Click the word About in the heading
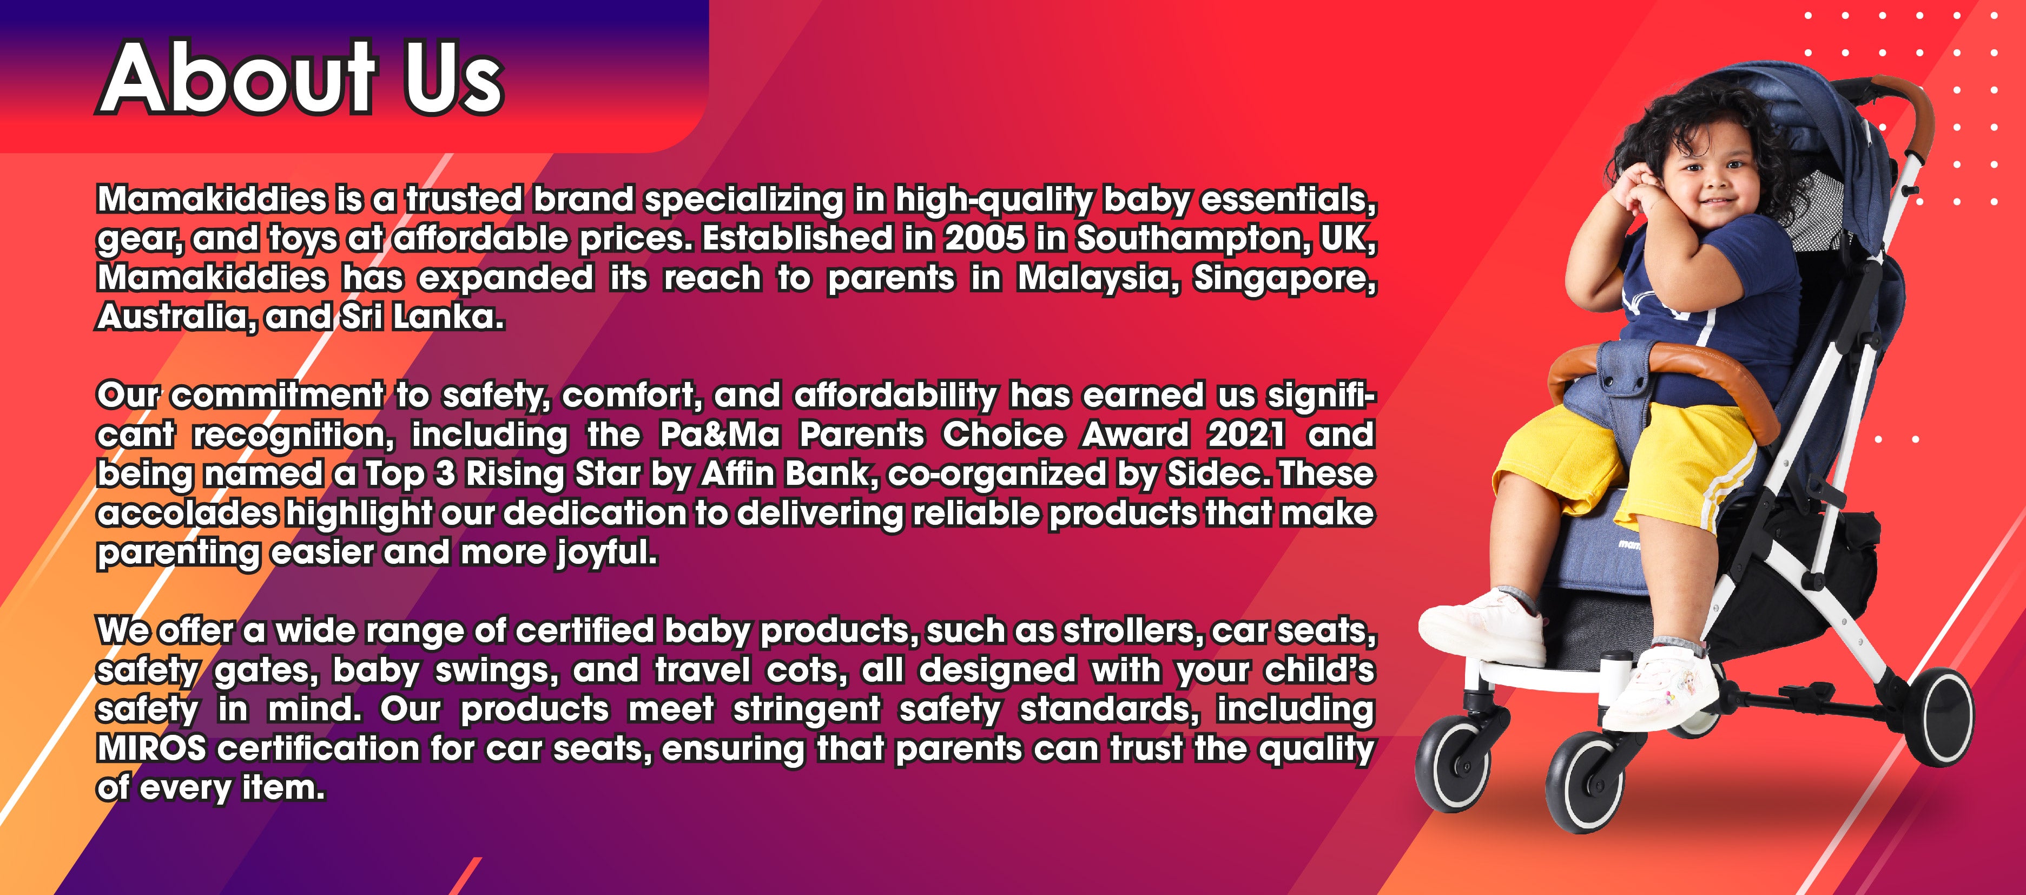236,78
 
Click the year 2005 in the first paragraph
985,238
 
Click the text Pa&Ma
720,435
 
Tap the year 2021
1246,435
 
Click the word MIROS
151,749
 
